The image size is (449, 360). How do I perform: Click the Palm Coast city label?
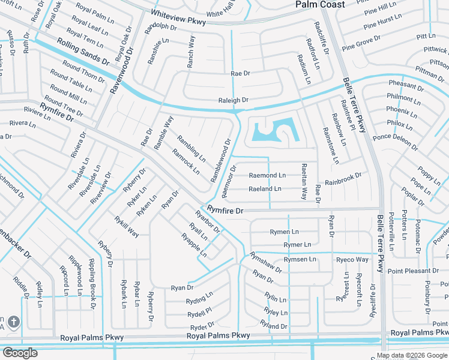pyautogui.click(x=321, y=5)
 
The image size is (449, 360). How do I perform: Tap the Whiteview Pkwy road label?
pyautogui.click(x=178, y=17)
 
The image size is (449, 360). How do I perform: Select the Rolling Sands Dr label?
pyautogui.click(x=83, y=52)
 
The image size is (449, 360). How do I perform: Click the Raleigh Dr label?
pyautogui.click(x=234, y=101)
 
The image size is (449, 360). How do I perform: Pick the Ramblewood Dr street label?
pyautogui.click(x=221, y=161)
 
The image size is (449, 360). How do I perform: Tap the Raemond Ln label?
pyautogui.click(x=268, y=175)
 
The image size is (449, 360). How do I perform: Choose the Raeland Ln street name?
pyautogui.click(x=265, y=189)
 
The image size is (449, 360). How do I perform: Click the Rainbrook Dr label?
pyautogui.click(x=343, y=179)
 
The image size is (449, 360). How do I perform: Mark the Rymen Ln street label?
pyautogui.click(x=284, y=232)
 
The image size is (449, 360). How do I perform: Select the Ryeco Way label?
pyautogui.click(x=352, y=260)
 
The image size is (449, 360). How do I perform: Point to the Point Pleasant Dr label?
pyautogui.click(x=413, y=271)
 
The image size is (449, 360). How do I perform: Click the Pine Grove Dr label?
pyautogui.click(x=361, y=43)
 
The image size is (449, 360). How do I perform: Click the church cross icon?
pyautogui.click(x=14, y=322)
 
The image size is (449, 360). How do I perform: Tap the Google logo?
pyautogui.click(x=20, y=353)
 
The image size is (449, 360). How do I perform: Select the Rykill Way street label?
pyautogui.click(x=127, y=226)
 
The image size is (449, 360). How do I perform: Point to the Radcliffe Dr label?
pyautogui.click(x=322, y=35)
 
